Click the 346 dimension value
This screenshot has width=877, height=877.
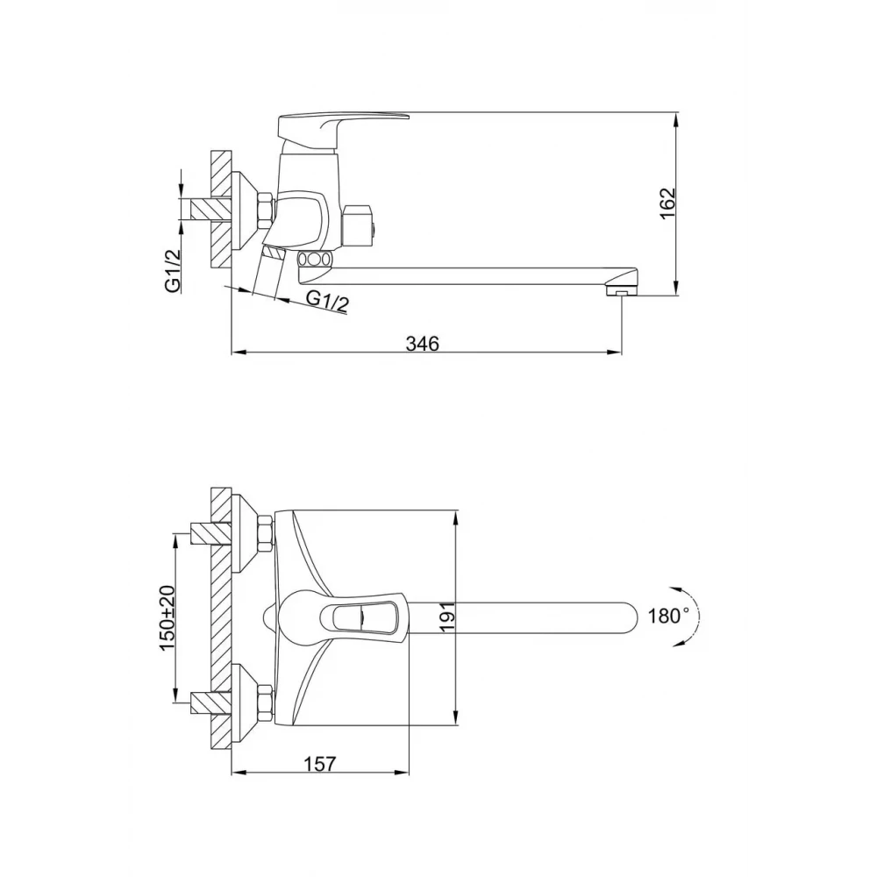pos(423,343)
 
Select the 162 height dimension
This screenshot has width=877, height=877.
pos(667,203)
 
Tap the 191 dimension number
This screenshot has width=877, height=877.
pos(448,617)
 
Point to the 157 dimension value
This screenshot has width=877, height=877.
pos(320,764)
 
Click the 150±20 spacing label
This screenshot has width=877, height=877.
pos(168,617)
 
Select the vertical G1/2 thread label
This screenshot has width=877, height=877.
pos(173,270)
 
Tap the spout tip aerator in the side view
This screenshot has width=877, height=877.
pos(621,291)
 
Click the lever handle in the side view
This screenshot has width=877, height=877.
pos(343,125)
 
